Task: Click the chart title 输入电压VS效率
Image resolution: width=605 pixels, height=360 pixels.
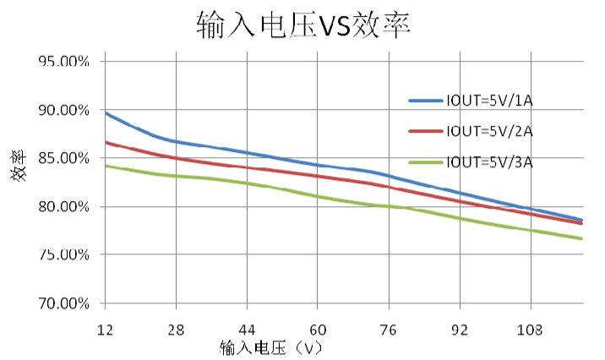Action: (302, 25)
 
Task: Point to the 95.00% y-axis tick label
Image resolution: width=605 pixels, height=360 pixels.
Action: (63, 62)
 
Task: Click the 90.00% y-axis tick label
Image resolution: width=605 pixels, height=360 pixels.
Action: (63, 110)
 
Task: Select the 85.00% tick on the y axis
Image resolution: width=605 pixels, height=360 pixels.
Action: (63, 158)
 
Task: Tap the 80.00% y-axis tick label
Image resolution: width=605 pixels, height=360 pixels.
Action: (63, 206)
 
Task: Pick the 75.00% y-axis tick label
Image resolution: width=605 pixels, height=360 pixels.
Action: (63, 254)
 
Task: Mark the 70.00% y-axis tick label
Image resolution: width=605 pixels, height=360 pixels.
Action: (63, 303)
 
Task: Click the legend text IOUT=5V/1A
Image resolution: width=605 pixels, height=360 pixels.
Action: (490, 101)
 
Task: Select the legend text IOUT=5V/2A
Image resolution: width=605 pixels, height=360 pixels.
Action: (490, 131)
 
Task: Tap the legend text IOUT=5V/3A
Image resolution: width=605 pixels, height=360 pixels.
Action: (490, 161)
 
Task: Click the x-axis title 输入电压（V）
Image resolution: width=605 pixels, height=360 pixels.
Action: (271, 346)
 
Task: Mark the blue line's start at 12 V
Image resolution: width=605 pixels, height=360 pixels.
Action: (105, 112)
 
